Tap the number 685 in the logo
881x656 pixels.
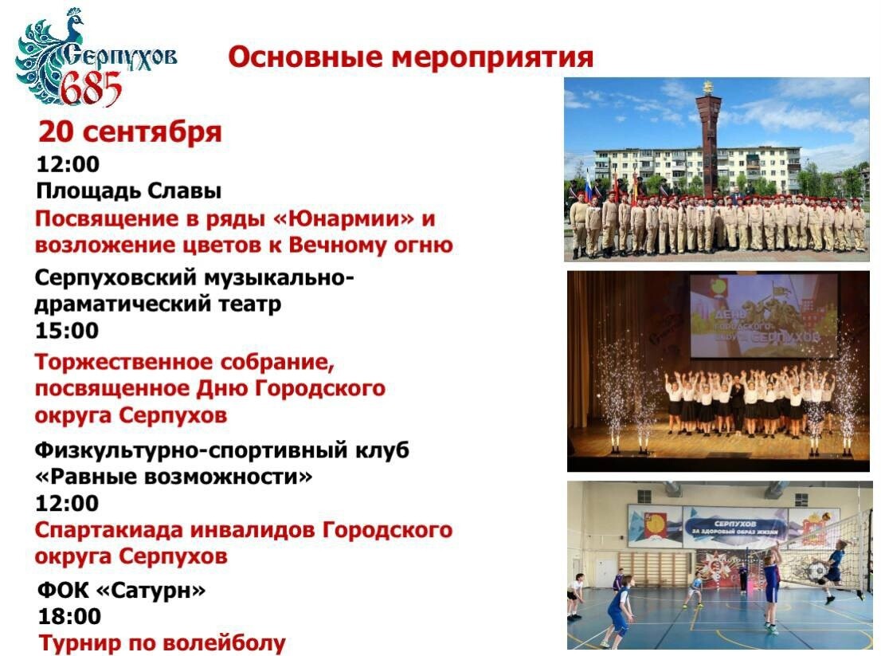click(x=91, y=89)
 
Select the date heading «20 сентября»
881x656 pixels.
click(x=130, y=132)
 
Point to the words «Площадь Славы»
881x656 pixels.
click(x=129, y=191)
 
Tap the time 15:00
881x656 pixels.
click(x=67, y=331)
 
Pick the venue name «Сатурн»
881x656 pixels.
click(x=151, y=590)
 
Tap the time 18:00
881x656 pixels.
click(x=69, y=617)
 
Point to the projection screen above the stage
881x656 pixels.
click(x=763, y=316)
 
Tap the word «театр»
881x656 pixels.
click(x=249, y=304)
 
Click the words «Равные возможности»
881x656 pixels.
click(x=174, y=477)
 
